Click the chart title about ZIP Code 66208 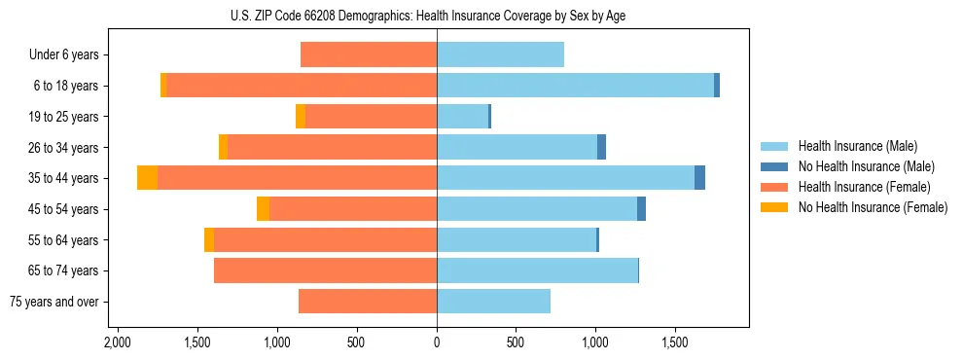pyautogui.click(x=434, y=16)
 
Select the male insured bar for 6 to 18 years pyautogui.click(x=575, y=86)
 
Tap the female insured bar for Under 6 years pyautogui.click(x=369, y=54)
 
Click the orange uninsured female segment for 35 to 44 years pyautogui.click(x=147, y=178)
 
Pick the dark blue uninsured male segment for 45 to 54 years pyautogui.click(x=641, y=209)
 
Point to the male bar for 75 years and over pyautogui.click(x=493, y=302)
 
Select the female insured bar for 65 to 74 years pyautogui.click(x=325, y=270)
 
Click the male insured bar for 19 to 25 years pyautogui.click(x=462, y=117)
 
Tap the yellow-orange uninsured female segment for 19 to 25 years pyautogui.click(x=301, y=117)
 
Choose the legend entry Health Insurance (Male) pyautogui.click(x=857, y=146)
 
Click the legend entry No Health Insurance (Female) pyautogui.click(x=873, y=207)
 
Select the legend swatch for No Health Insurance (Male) pyautogui.click(x=774, y=166)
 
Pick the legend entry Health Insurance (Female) pyautogui.click(x=864, y=187)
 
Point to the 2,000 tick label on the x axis pyautogui.click(x=118, y=343)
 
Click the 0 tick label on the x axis pyautogui.click(x=437, y=343)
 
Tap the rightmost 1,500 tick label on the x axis pyautogui.click(x=675, y=343)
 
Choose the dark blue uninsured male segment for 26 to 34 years pyautogui.click(x=601, y=147)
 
